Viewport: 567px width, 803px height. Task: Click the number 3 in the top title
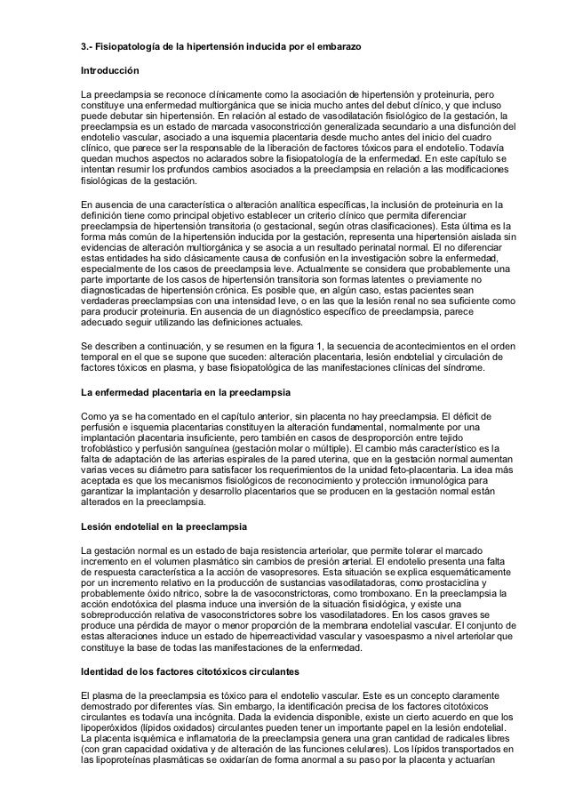tap(74, 44)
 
